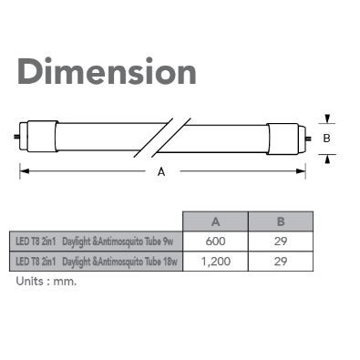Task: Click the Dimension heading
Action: [107, 71]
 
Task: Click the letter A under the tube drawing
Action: [161, 172]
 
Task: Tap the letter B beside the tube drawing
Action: [326, 139]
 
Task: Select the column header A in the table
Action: [215, 221]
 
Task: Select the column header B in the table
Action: [281, 221]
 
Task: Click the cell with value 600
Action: [215, 242]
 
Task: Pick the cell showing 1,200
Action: [215, 262]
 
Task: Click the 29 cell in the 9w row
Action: [281, 242]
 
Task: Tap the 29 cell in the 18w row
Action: [281, 262]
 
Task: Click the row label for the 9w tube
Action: [96, 242]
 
